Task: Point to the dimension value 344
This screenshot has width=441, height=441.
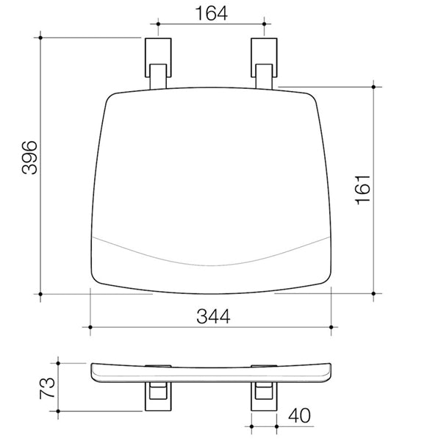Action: coord(213,317)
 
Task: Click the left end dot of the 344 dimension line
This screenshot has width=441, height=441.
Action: coord(90,326)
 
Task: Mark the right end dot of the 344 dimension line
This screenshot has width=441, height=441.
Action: coord(334,326)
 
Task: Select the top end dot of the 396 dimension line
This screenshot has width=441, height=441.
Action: coord(40,35)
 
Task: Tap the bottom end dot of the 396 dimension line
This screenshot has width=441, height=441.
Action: coord(40,294)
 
